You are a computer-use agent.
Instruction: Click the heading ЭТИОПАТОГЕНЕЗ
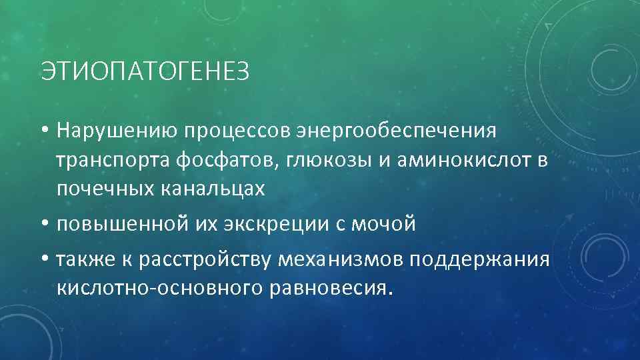pyautogui.click(x=145, y=71)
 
